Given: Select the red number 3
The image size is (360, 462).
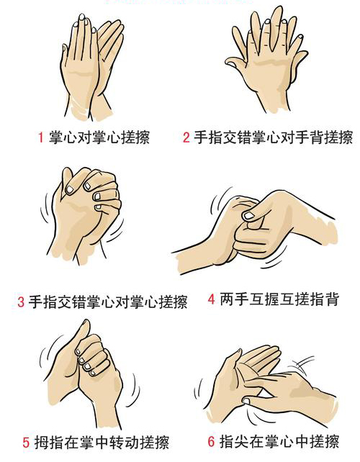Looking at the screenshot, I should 22,302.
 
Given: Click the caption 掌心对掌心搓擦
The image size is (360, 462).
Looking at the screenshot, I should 99,137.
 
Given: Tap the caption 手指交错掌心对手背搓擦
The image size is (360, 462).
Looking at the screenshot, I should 272,137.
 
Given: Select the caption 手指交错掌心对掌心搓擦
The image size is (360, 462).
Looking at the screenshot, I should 107,302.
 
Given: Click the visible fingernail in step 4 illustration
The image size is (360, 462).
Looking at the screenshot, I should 248,214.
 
